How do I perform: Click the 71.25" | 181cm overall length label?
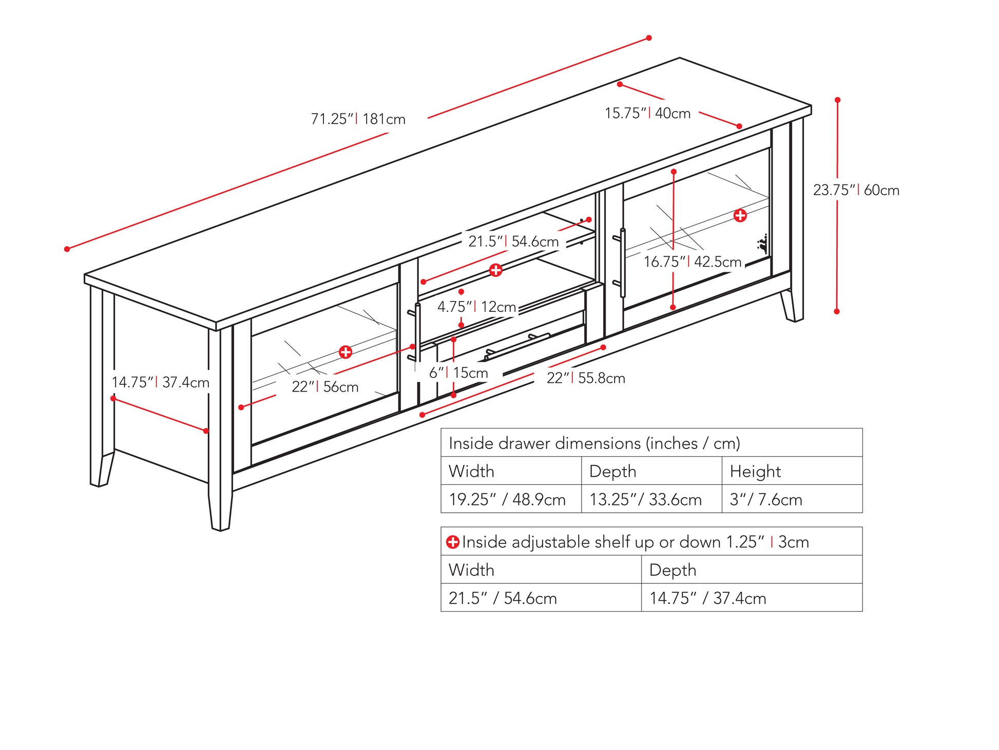pyautogui.click(x=358, y=119)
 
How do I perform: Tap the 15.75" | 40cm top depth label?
pyautogui.click(x=647, y=113)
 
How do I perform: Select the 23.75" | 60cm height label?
pyautogui.click(x=856, y=190)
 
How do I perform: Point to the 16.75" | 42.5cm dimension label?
pyautogui.click(x=693, y=262)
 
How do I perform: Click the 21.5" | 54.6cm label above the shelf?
pyautogui.click(x=513, y=241)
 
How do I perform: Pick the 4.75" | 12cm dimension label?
pyautogui.click(x=476, y=307)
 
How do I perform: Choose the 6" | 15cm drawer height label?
pyautogui.click(x=458, y=373)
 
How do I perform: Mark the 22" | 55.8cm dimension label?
pyautogui.click(x=586, y=379)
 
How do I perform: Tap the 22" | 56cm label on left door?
pyautogui.click(x=325, y=387)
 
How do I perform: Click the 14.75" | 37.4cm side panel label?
pyautogui.click(x=161, y=383)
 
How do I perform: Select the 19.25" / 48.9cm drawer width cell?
pyautogui.click(x=507, y=499)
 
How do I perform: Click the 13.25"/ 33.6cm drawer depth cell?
pyautogui.click(x=645, y=499)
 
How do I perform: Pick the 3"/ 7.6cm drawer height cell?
pyautogui.click(x=766, y=499)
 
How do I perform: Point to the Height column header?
pyautogui.click(x=755, y=471)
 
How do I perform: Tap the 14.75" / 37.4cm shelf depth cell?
pyautogui.click(x=707, y=598)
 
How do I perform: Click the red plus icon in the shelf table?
pyautogui.click(x=452, y=542)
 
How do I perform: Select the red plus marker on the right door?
pyautogui.click(x=740, y=215)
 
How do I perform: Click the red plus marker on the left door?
pyautogui.click(x=345, y=352)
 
